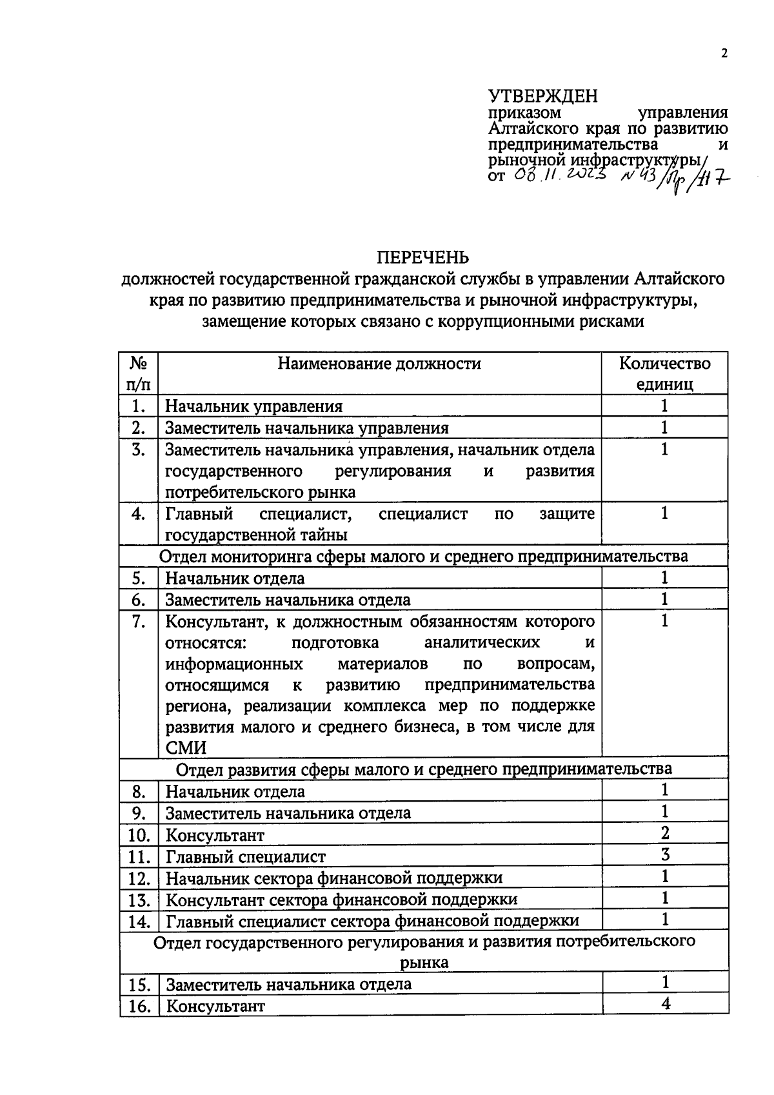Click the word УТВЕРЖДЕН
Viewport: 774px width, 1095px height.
pos(543,97)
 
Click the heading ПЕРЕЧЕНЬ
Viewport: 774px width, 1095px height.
pos(422,258)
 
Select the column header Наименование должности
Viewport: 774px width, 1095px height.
pos(379,364)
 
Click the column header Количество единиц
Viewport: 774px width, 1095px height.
pos(665,373)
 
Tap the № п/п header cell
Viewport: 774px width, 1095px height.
pos(139,373)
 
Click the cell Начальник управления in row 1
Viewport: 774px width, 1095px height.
pos(254,406)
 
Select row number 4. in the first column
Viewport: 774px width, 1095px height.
pos(138,515)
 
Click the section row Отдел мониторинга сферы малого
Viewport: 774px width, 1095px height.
pos(423,556)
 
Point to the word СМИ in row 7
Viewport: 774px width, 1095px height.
pos(186,748)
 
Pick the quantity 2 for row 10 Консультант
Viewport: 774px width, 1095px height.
pos(665,833)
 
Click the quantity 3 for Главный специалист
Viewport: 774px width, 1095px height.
pos(665,854)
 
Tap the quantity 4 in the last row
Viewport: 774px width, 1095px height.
pos(666,1003)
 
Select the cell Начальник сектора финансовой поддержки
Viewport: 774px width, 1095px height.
pos(334,878)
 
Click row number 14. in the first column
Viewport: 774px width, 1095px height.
pos(139,922)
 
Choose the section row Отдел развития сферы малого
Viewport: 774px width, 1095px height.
pos(423,769)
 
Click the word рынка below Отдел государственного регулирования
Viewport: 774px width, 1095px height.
pos(424,963)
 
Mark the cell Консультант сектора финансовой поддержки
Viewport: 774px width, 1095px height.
pos(341,900)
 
